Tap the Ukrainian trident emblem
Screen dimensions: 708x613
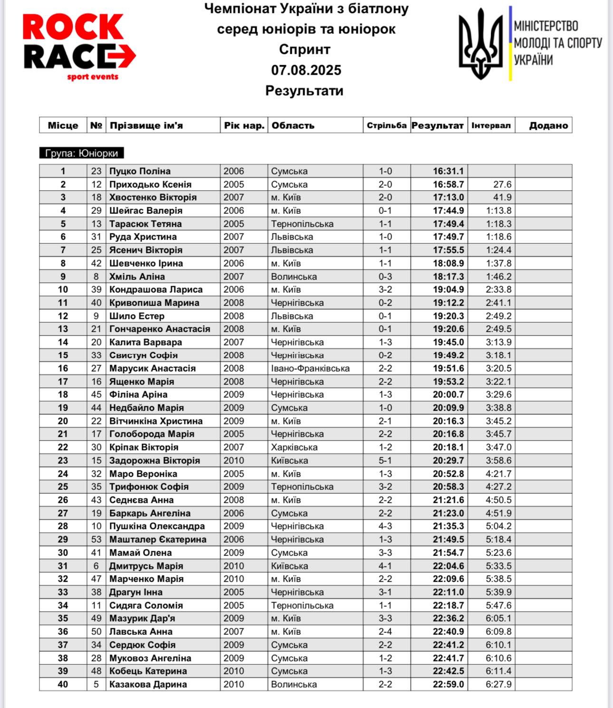480,44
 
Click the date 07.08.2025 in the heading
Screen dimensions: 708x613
306,70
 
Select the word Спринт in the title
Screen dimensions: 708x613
305,49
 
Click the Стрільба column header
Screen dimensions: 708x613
386,125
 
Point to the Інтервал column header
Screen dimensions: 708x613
491,125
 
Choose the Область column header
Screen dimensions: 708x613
293,125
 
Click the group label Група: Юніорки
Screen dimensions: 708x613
81,153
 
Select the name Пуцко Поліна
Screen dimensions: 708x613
140,171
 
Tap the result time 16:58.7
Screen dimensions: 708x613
448,184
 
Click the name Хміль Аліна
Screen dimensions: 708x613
137,277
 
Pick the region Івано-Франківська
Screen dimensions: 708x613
310,368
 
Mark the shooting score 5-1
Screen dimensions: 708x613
385,460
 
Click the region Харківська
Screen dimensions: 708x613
294,447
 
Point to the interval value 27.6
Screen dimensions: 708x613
502,184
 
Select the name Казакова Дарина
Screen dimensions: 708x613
148,684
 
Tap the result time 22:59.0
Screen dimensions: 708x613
448,684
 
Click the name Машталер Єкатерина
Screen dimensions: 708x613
158,539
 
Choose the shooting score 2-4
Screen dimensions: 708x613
385,631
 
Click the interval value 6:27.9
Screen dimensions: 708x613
498,684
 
